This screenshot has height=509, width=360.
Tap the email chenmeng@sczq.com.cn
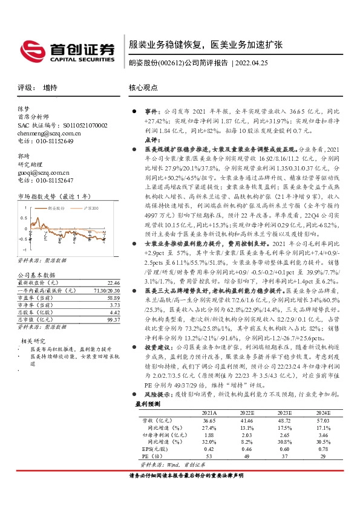tap(46, 133)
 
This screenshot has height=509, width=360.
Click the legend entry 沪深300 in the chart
tap(89, 207)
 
